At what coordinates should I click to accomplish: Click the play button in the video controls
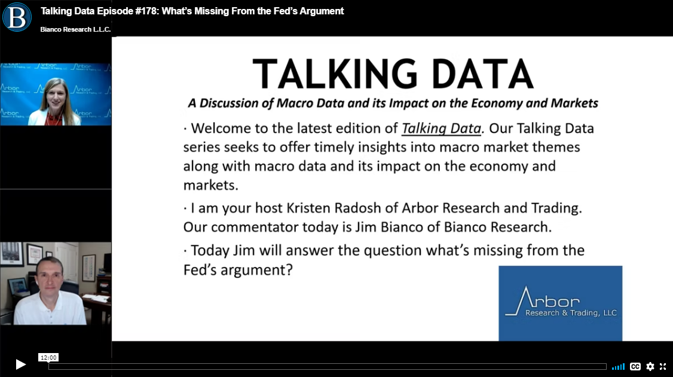point(20,364)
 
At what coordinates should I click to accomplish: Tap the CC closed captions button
point(635,366)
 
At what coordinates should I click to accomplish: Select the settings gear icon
point(650,366)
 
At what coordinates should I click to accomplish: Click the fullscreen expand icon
point(663,366)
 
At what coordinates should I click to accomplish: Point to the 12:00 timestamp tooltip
point(48,357)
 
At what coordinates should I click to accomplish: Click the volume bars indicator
point(618,367)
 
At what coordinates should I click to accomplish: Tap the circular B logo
point(17,17)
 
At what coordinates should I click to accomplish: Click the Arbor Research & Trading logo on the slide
point(560,303)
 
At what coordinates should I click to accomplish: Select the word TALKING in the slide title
point(335,74)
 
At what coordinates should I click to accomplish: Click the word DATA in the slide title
point(482,74)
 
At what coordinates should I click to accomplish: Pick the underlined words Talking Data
point(441,129)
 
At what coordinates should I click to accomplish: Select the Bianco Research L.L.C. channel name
point(75,29)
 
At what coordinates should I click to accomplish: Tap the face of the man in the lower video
point(50,277)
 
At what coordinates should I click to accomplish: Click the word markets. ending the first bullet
point(210,186)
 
